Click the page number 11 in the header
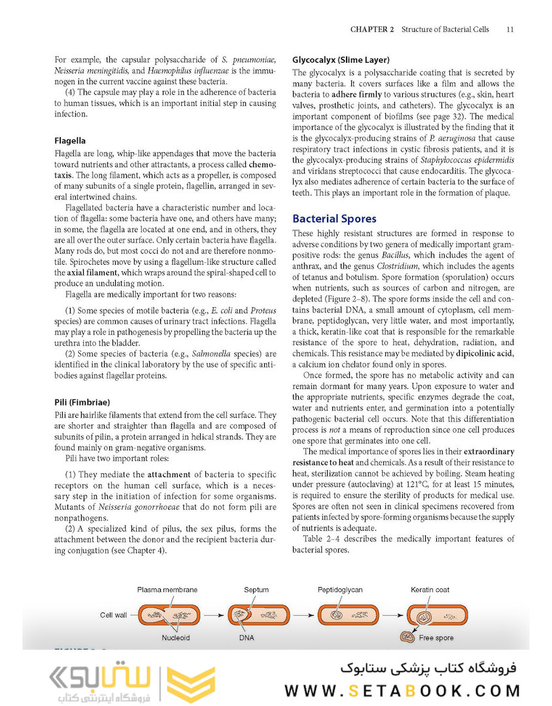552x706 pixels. click(x=510, y=29)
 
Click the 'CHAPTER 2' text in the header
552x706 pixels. click(x=372, y=29)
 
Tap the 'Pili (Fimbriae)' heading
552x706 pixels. click(x=82, y=401)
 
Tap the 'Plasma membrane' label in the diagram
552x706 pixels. click(x=167, y=590)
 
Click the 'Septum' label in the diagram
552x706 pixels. click(x=256, y=590)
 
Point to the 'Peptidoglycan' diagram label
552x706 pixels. click(x=341, y=590)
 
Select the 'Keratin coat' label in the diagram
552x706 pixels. click(x=430, y=590)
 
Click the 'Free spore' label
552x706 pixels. click(x=436, y=637)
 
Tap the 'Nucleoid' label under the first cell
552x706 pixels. click(x=176, y=637)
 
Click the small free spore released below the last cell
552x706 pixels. click(x=405, y=637)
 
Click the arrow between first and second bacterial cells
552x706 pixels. click(x=212, y=615)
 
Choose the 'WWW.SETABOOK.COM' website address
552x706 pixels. click(x=402, y=690)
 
